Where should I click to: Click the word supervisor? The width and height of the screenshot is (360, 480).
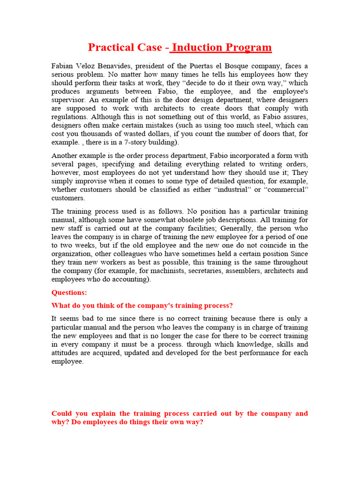(x=68, y=100)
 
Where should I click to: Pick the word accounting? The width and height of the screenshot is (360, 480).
(x=133, y=279)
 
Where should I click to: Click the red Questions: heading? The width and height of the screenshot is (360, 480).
(x=69, y=292)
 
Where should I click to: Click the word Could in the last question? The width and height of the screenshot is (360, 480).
(x=62, y=413)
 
